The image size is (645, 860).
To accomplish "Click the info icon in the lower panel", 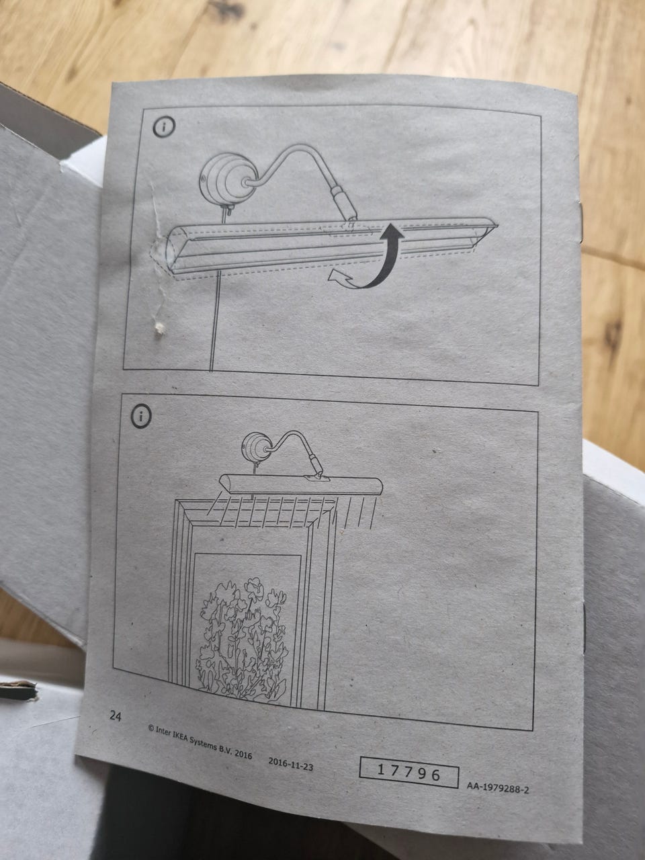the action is click(141, 416).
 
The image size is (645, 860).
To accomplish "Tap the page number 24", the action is click(116, 716).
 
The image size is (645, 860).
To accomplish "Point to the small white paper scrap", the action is click(159, 329).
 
